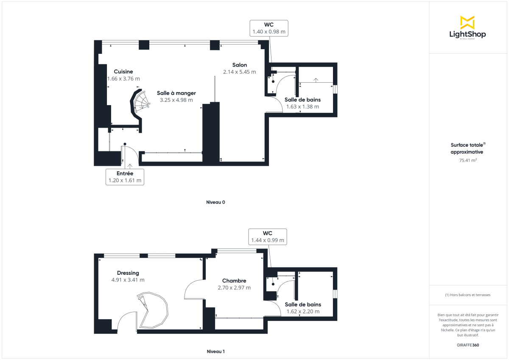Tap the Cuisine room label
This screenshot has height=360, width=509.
click(x=123, y=72)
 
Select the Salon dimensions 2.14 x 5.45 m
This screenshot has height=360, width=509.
click(x=240, y=72)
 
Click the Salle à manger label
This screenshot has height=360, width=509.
click(x=176, y=93)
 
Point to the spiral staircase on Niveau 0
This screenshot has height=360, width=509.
click(x=140, y=104)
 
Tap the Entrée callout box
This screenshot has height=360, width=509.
click(x=125, y=177)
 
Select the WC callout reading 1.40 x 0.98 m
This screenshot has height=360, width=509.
click(x=269, y=28)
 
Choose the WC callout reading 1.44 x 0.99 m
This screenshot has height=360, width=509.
click(x=268, y=237)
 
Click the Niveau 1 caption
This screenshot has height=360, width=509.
click(x=215, y=352)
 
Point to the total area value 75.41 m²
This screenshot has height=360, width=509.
click(x=467, y=160)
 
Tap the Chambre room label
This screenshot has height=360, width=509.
click(x=234, y=281)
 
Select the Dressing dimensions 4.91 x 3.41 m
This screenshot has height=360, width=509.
click(x=128, y=280)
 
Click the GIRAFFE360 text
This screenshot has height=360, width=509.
click(x=467, y=345)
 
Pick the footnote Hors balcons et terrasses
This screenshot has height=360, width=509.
click(x=467, y=295)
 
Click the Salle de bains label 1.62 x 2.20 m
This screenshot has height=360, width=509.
click(x=302, y=308)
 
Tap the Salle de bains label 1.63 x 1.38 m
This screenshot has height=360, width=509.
click(x=302, y=103)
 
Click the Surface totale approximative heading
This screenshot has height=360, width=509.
click(x=467, y=148)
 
